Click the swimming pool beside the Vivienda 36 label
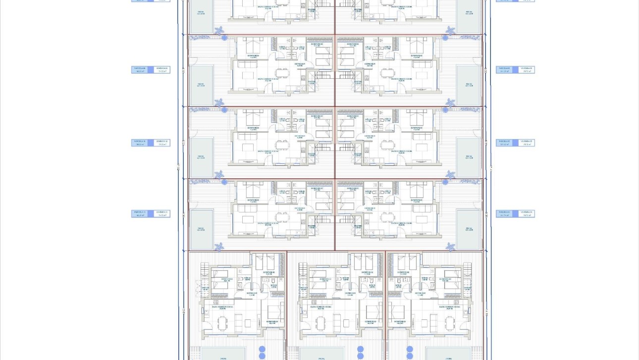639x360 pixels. tap(469, 85)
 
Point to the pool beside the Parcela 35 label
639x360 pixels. tap(469, 158)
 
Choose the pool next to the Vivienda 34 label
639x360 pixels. tap(469, 229)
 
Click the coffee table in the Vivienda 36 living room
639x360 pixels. tap(422, 75)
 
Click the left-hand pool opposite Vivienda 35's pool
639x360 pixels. tap(202, 158)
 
